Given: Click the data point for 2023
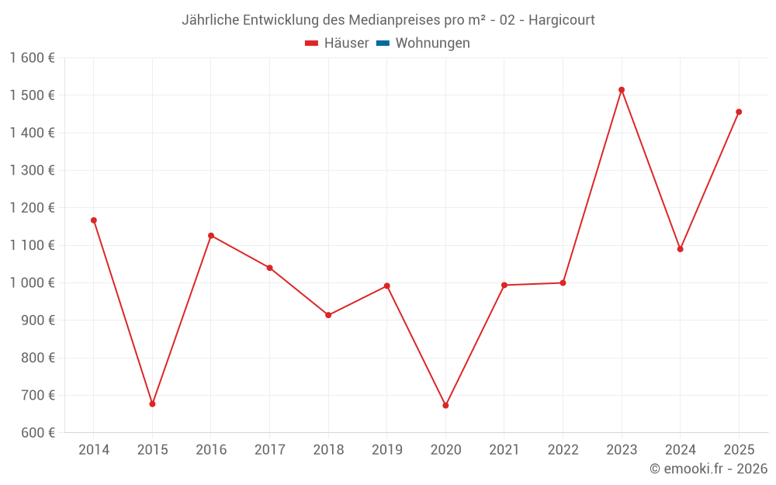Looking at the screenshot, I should click(x=622, y=90).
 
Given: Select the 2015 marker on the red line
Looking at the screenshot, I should click(x=152, y=404).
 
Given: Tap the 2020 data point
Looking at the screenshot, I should click(x=445, y=405).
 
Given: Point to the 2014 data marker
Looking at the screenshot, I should click(x=94, y=220).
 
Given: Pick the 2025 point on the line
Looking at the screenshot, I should click(x=739, y=112).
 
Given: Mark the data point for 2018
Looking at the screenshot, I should click(x=328, y=315).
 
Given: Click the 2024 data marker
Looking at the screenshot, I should click(x=680, y=249).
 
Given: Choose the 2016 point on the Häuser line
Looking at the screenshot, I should click(x=211, y=236).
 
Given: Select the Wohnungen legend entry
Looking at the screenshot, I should click(x=432, y=43).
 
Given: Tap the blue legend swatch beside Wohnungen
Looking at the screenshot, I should click(x=383, y=43).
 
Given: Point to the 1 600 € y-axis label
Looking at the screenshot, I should click(x=32, y=58).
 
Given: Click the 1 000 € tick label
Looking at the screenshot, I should click(x=32, y=282).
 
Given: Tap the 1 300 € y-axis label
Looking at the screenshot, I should click(x=32, y=170).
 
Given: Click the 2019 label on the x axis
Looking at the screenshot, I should click(x=386, y=449).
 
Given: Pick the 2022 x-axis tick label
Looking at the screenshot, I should click(x=563, y=449).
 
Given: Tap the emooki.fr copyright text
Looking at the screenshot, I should click(x=708, y=469).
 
